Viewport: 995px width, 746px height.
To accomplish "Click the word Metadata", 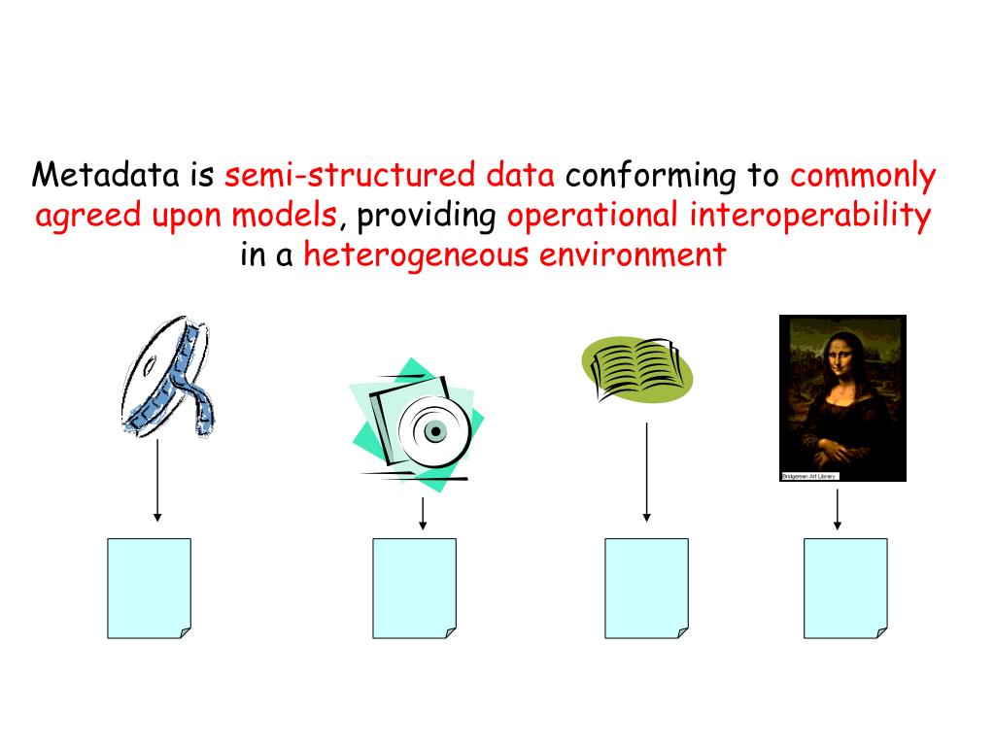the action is pyautogui.click(x=108, y=176).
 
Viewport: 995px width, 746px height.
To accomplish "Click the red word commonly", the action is pyautogui.click(x=863, y=178).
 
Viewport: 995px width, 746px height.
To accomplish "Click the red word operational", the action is pyautogui.click(x=593, y=216).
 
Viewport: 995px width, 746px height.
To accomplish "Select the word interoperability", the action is pyautogui.click(x=810, y=216).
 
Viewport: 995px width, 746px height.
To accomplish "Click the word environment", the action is pyautogui.click(x=633, y=255).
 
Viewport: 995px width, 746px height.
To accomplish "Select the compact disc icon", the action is pyautogui.click(x=418, y=425).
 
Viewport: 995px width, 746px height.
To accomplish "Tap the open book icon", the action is pyautogui.click(x=637, y=369).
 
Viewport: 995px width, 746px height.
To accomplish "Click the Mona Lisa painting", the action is pyautogui.click(x=842, y=393).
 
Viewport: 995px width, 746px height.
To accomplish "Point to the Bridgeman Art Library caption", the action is pyautogui.click(x=808, y=476).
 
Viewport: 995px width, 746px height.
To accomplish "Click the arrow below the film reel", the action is pyautogui.click(x=157, y=481).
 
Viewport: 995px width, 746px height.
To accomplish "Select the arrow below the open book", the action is pyautogui.click(x=646, y=472).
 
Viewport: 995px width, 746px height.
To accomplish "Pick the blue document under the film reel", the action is pyautogui.click(x=149, y=588).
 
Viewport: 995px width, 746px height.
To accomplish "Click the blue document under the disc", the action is pyautogui.click(x=414, y=588).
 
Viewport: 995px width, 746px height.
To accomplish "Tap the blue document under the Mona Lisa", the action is pyautogui.click(x=845, y=588).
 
